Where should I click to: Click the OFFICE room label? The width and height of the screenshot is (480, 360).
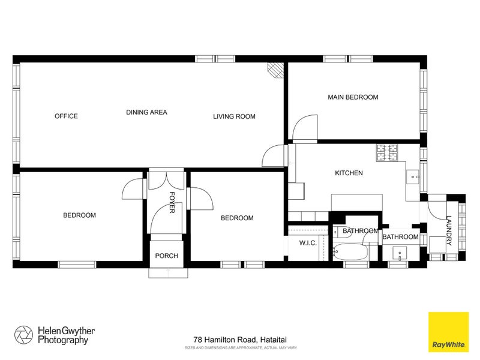point(66,116)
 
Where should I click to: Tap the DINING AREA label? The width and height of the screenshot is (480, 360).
point(146,112)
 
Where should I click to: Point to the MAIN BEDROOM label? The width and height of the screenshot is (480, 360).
point(353,97)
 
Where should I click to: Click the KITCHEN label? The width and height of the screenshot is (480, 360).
point(349,173)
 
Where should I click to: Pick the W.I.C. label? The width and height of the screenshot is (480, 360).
point(308,243)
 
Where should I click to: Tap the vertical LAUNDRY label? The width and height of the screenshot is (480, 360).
point(448,231)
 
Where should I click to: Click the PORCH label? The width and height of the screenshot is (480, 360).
point(166,256)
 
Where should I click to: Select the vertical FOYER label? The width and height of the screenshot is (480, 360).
point(171,202)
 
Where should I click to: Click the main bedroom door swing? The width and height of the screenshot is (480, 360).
point(304,128)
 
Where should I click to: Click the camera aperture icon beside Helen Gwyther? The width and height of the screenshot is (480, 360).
point(25,334)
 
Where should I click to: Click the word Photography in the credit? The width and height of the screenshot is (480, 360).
point(63,340)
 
